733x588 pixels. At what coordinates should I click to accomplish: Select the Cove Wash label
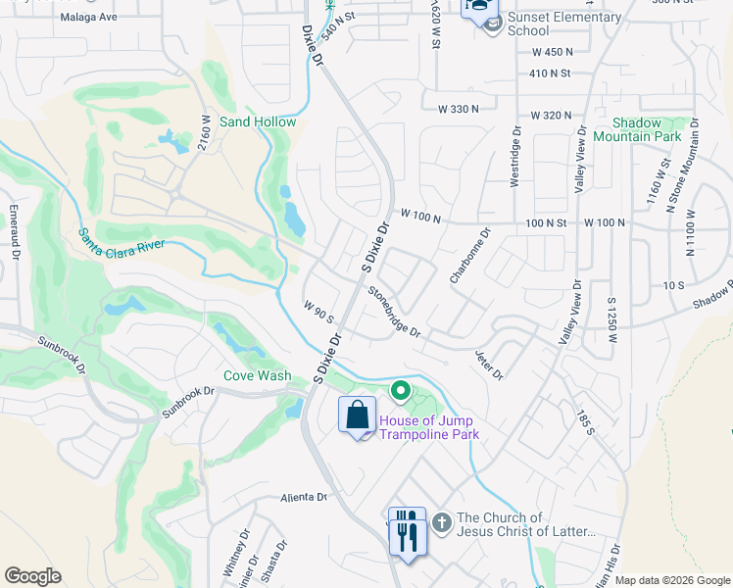tap(257, 375)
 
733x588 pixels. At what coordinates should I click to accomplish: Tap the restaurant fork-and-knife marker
tap(407, 530)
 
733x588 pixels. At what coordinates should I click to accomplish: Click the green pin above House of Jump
tap(400, 392)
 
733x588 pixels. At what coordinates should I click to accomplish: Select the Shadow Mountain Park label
tap(647, 129)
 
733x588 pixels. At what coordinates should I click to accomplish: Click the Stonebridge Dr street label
tap(394, 313)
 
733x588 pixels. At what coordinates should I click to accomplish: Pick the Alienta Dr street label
tap(303, 497)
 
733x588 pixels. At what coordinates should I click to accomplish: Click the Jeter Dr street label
tap(488, 366)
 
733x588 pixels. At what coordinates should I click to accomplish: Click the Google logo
tap(32, 576)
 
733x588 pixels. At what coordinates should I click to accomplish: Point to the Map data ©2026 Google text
tap(671, 580)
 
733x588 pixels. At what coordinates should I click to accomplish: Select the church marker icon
tap(441, 524)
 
